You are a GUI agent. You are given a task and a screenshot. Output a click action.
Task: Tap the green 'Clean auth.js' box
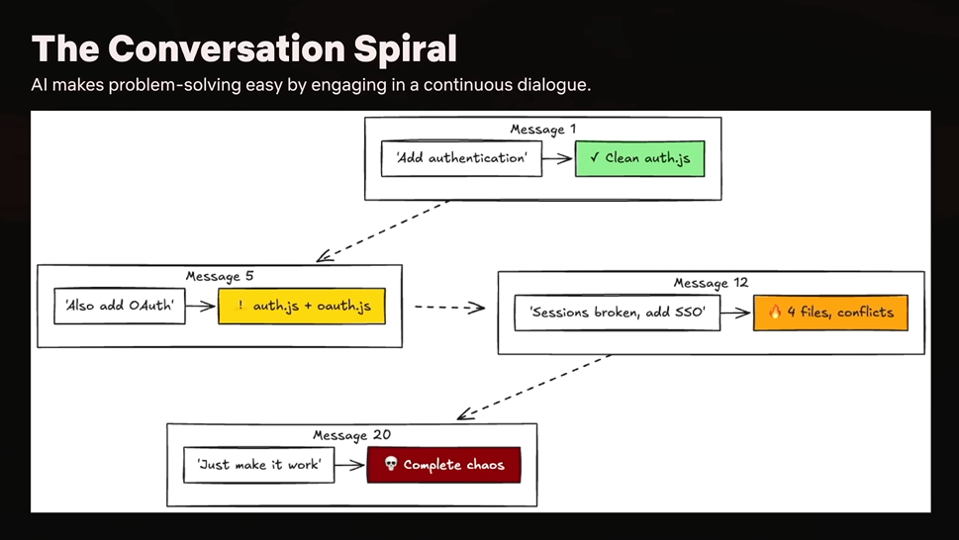pos(639,159)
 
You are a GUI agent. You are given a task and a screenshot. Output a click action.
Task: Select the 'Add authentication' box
pos(461,159)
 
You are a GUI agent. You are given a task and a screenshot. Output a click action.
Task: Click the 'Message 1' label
pos(543,129)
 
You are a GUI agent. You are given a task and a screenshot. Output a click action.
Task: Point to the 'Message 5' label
pos(220,276)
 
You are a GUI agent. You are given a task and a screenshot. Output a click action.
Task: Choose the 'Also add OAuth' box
pos(120,306)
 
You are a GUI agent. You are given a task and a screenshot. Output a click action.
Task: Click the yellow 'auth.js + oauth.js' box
pos(302,306)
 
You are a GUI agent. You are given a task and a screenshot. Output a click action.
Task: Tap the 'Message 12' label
pos(711,283)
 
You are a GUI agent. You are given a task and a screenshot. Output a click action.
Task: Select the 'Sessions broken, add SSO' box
pos(618,313)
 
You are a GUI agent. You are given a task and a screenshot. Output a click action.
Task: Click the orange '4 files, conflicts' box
pos(830,313)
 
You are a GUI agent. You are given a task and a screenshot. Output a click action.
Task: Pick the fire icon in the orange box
pos(775,313)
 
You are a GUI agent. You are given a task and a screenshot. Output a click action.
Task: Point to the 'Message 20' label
pos(351,435)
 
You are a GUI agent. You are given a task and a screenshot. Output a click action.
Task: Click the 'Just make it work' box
pos(258,465)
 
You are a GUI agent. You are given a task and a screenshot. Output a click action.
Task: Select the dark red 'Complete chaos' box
pos(444,465)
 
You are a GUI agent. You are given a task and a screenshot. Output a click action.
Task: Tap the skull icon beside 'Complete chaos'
pos(391,464)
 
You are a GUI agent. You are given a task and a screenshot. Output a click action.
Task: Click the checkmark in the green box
pos(595,157)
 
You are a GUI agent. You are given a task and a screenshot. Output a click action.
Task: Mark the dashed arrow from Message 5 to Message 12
pos(449,308)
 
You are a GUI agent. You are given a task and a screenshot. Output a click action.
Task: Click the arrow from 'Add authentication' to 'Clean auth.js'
pos(557,159)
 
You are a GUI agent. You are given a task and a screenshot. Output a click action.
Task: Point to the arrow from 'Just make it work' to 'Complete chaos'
pos(349,465)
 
